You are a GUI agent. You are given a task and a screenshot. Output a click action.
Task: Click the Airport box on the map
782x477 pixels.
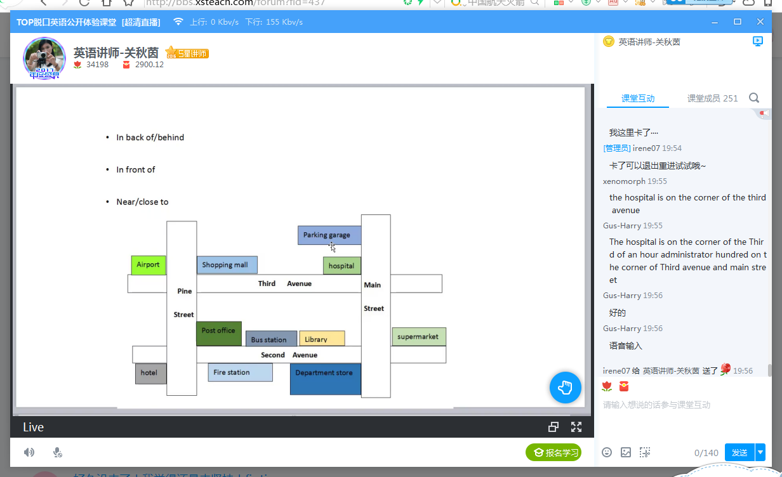click(148, 265)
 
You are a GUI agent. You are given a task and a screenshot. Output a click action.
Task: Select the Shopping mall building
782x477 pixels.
click(227, 265)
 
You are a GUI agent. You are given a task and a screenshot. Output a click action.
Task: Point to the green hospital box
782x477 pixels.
click(341, 266)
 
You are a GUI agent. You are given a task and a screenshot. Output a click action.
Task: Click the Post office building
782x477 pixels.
click(218, 333)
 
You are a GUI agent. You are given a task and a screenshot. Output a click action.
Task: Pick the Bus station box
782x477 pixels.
click(271, 339)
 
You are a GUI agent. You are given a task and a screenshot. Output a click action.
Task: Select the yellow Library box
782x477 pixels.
click(322, 339)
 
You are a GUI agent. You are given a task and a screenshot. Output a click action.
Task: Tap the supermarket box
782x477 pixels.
click(419, 337)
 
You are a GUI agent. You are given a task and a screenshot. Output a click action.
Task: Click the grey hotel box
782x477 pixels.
click(150, 373)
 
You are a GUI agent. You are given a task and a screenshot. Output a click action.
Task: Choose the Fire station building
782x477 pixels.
click(240, 372)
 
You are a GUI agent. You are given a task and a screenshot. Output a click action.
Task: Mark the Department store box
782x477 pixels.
click(325, 379)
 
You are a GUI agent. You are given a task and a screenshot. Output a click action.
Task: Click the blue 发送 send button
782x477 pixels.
click(739, 453)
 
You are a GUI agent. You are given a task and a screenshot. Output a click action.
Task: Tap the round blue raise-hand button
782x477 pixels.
click(565, 388)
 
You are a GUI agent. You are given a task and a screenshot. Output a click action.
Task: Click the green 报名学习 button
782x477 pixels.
click(553, 453)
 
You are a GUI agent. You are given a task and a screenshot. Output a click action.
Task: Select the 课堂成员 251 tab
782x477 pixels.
click(712, 98)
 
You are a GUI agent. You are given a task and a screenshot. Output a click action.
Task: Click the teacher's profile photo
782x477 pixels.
click(44, 58)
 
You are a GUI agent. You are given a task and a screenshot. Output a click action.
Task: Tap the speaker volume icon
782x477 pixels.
click(29, 452)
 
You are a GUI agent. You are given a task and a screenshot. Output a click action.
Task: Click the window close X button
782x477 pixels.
click(760, 22)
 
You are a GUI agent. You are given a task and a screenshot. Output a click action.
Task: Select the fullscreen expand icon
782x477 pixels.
click(576, 427)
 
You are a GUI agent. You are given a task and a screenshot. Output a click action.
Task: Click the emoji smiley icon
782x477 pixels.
click(607, 452)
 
